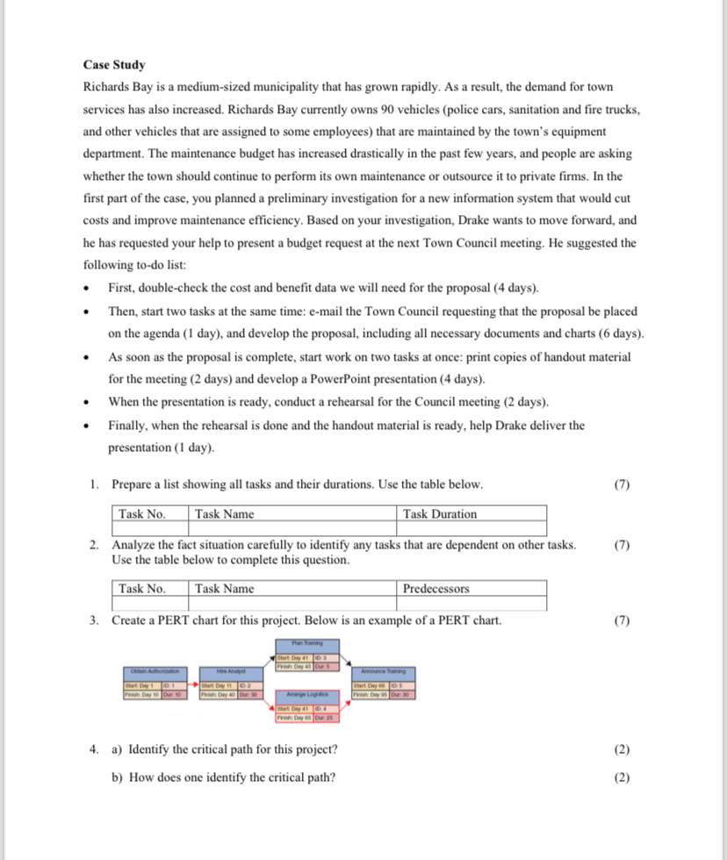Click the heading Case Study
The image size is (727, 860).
coord(114,65)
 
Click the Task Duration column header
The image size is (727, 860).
coord(440,514)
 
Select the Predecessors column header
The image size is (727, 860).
coord(435,589)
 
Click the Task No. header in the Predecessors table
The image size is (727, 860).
coord(142,589)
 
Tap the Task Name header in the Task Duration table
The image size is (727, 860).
coord(225,514)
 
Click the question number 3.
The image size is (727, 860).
coord(94,620)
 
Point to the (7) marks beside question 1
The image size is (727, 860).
coord(623,484)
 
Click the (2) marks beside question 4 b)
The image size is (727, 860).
coord(623,777)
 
